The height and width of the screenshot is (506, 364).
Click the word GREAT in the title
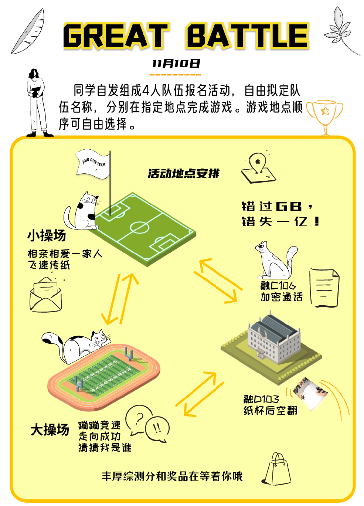pyautogui.click(x=116, y=36)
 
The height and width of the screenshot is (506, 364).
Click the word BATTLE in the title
pyautogui.click(x=247, y=36)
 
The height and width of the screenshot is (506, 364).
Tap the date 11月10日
pyautogui.click(x=175, y=63)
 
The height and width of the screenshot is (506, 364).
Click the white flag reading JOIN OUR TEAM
pyautogui.click(x=93, y=164)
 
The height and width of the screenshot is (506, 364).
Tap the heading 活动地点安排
pyautogui.click(x=183, y=174)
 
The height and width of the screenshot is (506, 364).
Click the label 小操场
pyautogui.click(x=47, y=235)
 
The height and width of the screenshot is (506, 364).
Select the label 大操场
pyautogui.click(x=50, y=429)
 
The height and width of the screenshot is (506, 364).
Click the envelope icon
pyautogui.click(x=46, y=295)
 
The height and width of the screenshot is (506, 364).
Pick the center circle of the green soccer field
pyautogui.click(x=140, y=227)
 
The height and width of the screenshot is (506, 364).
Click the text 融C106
pyautogui.click(x=278, y=286)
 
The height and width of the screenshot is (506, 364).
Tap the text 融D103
pyautogui.click(x=261, y=399)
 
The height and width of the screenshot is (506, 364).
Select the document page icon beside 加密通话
pyautogui.click(x=324, y=288)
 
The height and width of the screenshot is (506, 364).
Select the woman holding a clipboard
pyautogui.click(x=37, y=103)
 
